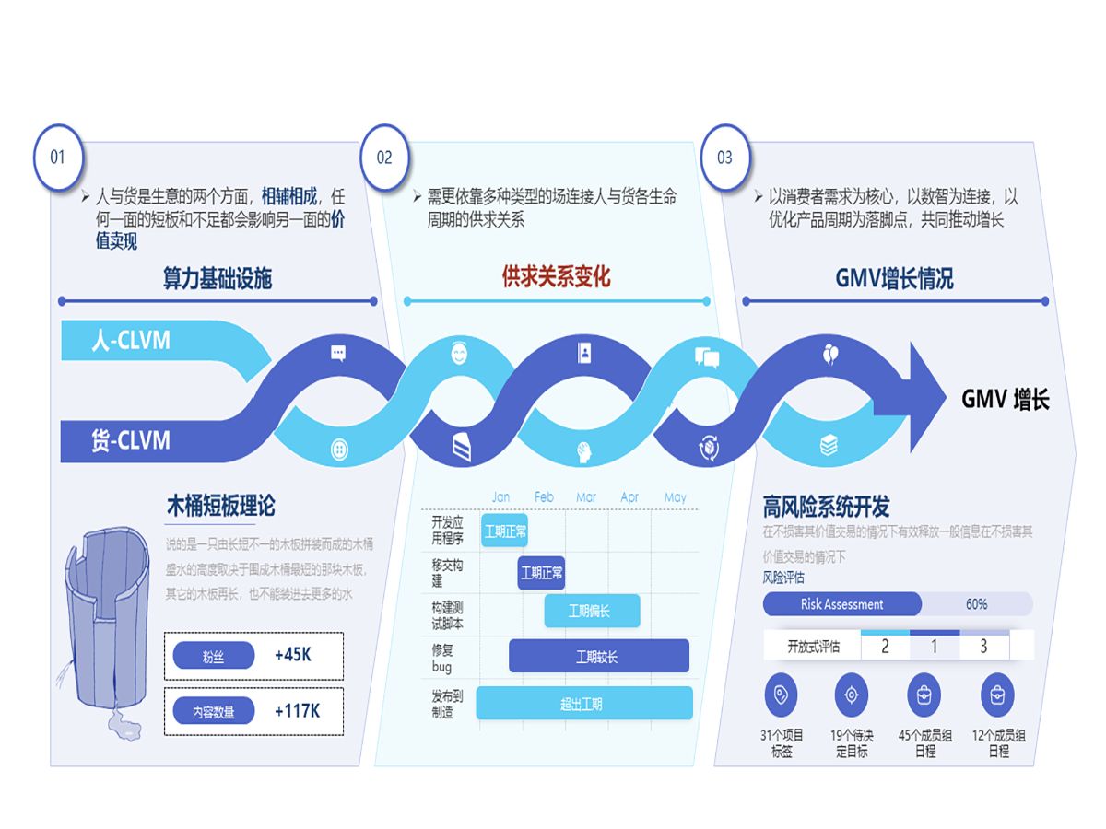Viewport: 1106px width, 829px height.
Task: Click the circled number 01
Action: click(x=58, y=157)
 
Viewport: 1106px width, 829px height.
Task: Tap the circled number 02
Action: click(x=384, y=157)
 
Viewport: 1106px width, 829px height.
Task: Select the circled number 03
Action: click(x=725, y=157)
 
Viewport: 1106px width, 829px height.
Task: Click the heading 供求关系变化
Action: click(x=556, y=276)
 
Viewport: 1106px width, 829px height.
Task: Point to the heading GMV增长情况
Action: click(x=894, y=278)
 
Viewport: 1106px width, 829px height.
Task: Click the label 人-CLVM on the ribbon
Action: click(x=131, y=341)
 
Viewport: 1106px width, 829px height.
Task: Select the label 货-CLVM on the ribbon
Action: click(x=130, y=441)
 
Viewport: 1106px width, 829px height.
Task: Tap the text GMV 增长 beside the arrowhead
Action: click(x=1006, y=399)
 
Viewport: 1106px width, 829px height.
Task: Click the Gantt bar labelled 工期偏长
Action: click(x=591, y=612)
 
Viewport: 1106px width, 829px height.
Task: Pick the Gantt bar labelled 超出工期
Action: click(x=583, y=704)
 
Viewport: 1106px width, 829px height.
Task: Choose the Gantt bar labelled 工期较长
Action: click(x=598, y=657)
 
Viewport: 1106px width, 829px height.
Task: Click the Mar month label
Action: click(x=586, y=497)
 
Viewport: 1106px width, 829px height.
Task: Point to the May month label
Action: click(x=676, y=497)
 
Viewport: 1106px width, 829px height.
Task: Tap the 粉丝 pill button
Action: click(x=214, y=657)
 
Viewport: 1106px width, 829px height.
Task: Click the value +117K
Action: click(x=297, y=711)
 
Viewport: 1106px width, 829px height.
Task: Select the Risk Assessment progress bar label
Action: click(x=841, y=604)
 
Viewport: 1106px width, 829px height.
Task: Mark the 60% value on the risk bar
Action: click(x=977, y=604)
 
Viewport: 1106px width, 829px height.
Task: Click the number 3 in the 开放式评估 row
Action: click(x=983, y=647)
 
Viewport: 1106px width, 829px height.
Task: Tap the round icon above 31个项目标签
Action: click(x=782, y=695)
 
